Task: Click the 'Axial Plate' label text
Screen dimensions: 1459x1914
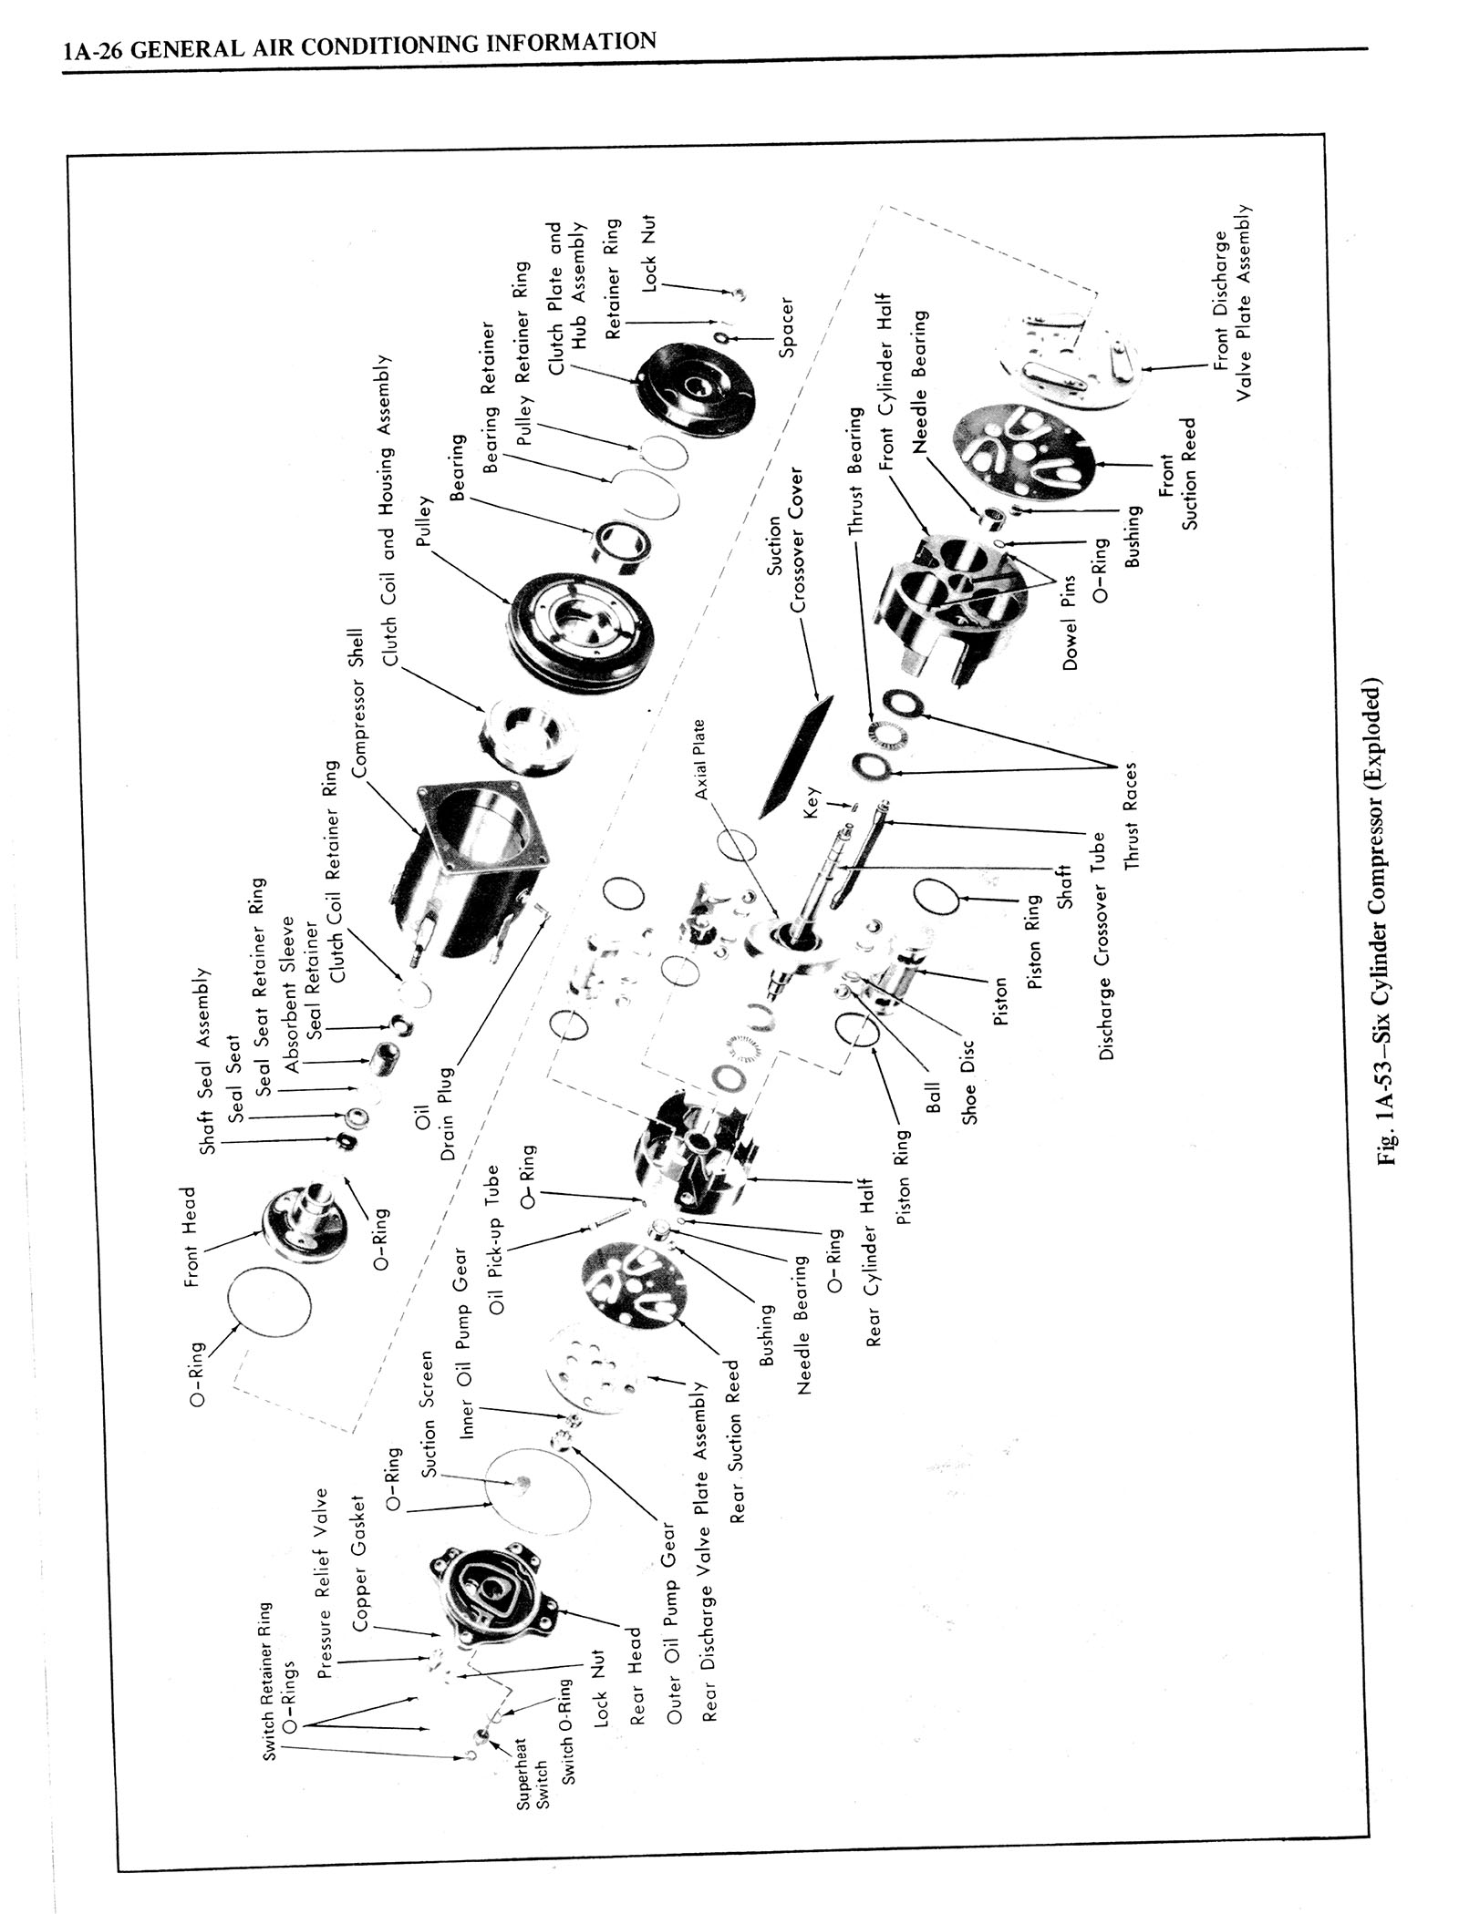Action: coord(699,760)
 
